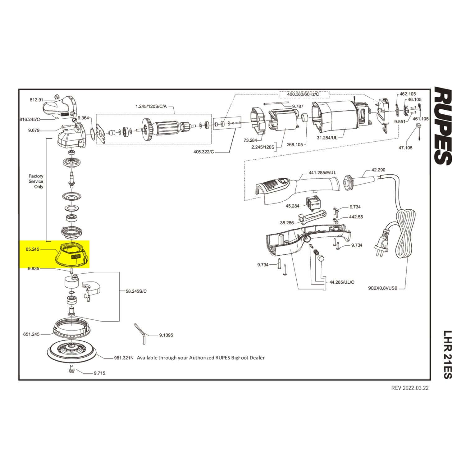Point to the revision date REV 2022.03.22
410,388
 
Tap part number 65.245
33,249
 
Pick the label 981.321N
124,358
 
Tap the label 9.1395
166,335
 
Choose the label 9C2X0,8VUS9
383,288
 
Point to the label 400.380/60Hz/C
303,94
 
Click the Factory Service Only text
36,181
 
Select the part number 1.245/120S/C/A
151,107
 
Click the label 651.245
31,334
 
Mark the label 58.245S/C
136,291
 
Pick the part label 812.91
36,100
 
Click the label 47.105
405,148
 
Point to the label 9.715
99,373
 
